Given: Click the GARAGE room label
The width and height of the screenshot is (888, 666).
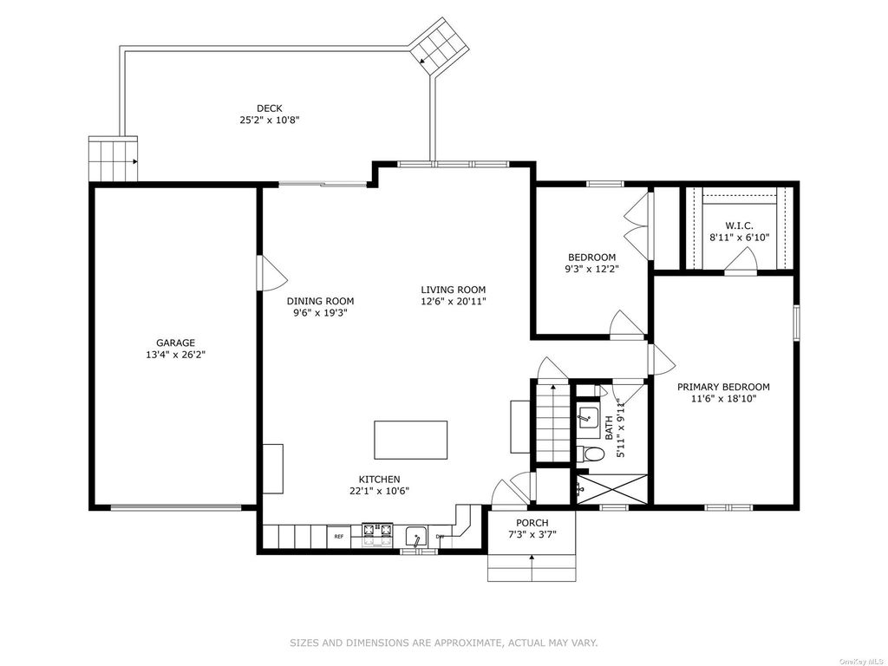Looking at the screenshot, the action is click(x=175, y=343).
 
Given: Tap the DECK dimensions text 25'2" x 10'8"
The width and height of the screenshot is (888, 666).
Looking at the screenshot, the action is click(x=270, y=120).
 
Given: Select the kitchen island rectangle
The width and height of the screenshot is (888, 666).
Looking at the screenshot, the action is click(x=410, y=440).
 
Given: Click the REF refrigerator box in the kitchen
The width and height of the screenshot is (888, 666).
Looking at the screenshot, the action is click(x=339, y=536).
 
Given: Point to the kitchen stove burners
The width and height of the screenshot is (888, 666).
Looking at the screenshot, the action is click(x=378, y=530).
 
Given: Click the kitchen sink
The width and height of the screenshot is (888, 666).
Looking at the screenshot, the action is click(x=417, y=536).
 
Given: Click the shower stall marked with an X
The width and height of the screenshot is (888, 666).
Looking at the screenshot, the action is click(x=611, y=490).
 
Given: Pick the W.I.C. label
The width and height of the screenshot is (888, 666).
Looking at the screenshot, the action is click(x=739, y=225).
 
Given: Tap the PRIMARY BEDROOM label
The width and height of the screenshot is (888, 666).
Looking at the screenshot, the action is click(x=723, y=387).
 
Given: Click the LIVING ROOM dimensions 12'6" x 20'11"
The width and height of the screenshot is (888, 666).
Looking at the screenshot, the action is click(x=453, y=301).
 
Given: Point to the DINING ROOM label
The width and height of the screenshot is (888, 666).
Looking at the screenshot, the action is click(x=320, y=301).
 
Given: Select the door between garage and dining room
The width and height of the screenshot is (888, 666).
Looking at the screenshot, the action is click(x=271, y=273).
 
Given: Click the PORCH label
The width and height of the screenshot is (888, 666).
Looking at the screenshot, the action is click(x=532, y=523).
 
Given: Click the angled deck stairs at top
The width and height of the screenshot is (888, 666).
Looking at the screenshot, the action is click(x=440, y=46).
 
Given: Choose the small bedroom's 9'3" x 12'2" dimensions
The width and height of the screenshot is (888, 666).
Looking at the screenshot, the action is click(x=591, y=270).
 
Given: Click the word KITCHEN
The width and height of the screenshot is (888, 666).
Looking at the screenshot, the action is click(x=379, y=479).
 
